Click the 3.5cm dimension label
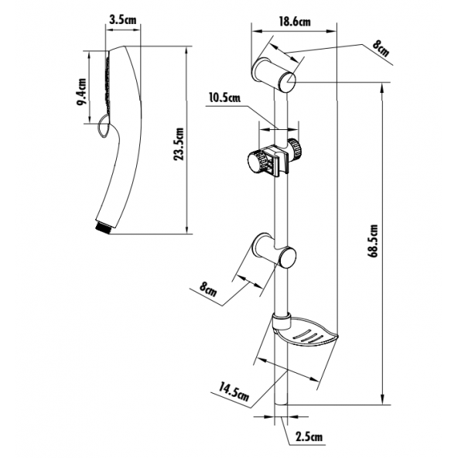click(123, 20)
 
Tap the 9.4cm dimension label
click(82, 92)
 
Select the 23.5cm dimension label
click(178, 144)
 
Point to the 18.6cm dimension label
click(295, 22)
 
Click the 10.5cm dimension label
click(224, 97)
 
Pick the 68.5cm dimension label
click(373, 241)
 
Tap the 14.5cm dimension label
click(234, 391)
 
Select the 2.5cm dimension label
click(309, 436)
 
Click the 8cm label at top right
click(381, 48)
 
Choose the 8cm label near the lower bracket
click(208, 289)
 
